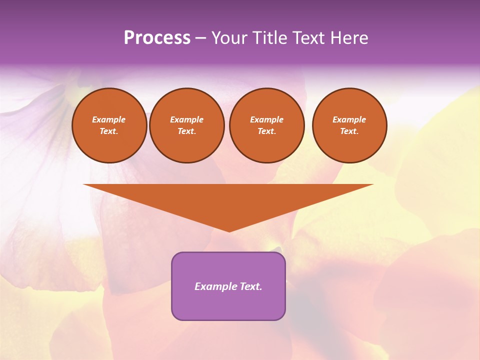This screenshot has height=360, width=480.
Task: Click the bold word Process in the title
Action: [157, 38]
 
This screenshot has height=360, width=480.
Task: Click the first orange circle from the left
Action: [109, 125]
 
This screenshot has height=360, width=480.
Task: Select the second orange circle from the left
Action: [187, 125]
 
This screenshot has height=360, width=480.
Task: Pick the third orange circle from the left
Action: [267, 125]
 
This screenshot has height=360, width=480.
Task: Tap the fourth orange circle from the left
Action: [349, 125]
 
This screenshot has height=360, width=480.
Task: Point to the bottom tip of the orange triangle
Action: [229, 231]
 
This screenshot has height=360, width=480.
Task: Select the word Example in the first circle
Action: [109, 119]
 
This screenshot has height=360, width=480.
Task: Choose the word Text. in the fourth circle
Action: [349, 131]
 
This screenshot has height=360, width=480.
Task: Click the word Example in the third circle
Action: [267, 119]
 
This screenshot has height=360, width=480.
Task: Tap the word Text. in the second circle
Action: [187, 131]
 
